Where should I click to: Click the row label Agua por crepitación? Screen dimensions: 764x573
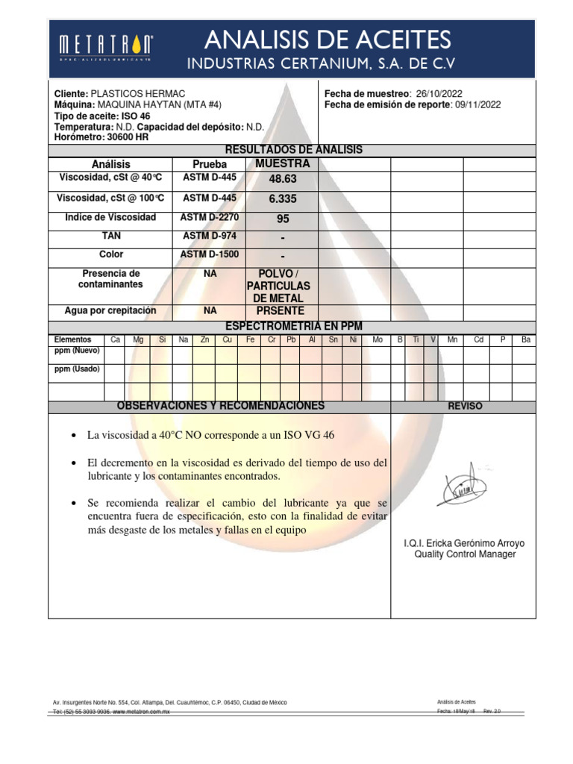(x=111, y=310)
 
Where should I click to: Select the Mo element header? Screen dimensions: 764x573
(x=378, y=339)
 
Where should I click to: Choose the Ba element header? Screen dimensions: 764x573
(x=526, y=339)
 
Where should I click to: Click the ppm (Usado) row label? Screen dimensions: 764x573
(x=77, y=369)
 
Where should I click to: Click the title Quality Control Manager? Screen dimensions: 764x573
(x=464, y=554)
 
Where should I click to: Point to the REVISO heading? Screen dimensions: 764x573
(x=464, y=406)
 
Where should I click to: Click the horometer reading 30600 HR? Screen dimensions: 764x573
(x=123, y=137)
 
